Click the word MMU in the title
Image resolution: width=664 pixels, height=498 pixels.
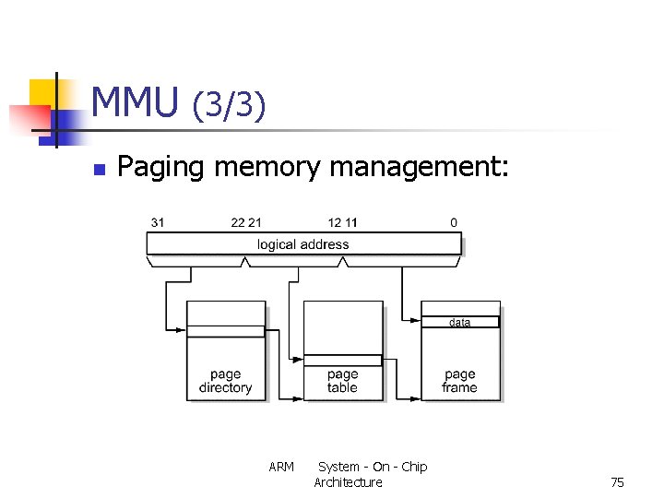coord(135,102)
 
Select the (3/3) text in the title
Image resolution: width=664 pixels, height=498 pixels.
coord(229,106)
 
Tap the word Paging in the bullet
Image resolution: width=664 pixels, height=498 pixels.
coord(162,168)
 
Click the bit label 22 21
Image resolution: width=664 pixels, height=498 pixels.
coord(246,222)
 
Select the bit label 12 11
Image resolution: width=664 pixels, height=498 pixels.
coord(342,222)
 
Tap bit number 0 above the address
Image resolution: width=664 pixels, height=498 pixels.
coord(453,222)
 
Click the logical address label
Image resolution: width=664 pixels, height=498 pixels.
coord(302,244)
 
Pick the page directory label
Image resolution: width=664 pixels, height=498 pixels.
coord(225,381)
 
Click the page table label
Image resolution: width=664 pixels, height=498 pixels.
coord(342,381)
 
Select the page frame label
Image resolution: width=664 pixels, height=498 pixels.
coord(459,381)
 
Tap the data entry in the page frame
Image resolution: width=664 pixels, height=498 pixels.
coord(459,322)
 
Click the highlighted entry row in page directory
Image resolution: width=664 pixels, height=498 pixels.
coord(225,331)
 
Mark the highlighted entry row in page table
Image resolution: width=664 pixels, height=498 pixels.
coord(342,361)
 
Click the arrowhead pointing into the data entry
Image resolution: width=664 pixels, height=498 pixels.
coord(417,322)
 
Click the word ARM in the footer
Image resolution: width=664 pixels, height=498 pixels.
coord(281,467)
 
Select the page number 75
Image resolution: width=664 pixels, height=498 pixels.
coord(617,482)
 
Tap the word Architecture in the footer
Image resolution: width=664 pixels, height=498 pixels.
coord(348,482)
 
